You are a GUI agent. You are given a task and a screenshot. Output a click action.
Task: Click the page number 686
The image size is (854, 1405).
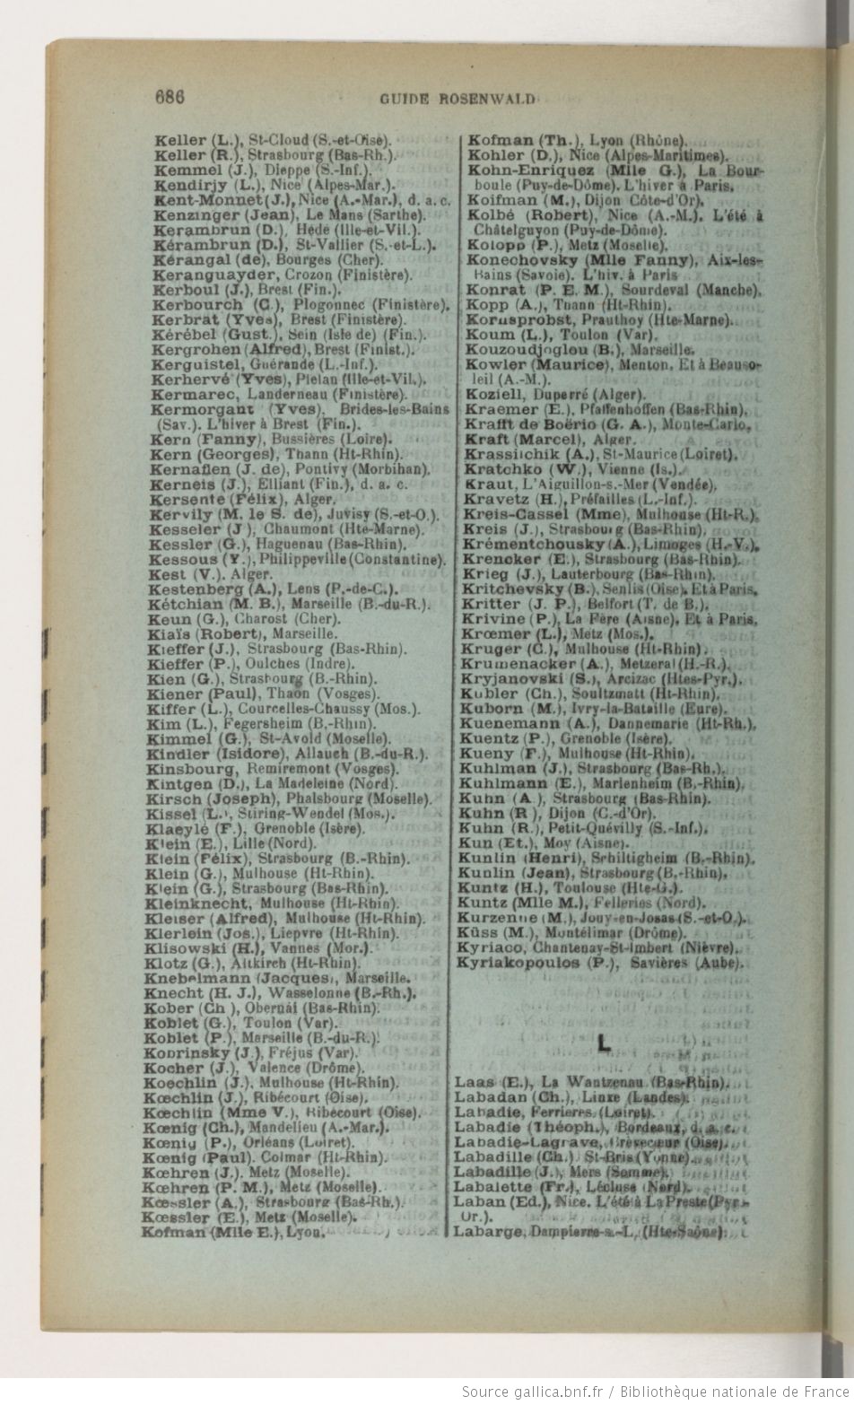pyautogui.click(x=170, y=98)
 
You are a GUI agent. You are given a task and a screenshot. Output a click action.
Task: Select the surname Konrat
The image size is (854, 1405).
pyautogui.click(x=493, y=290)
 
